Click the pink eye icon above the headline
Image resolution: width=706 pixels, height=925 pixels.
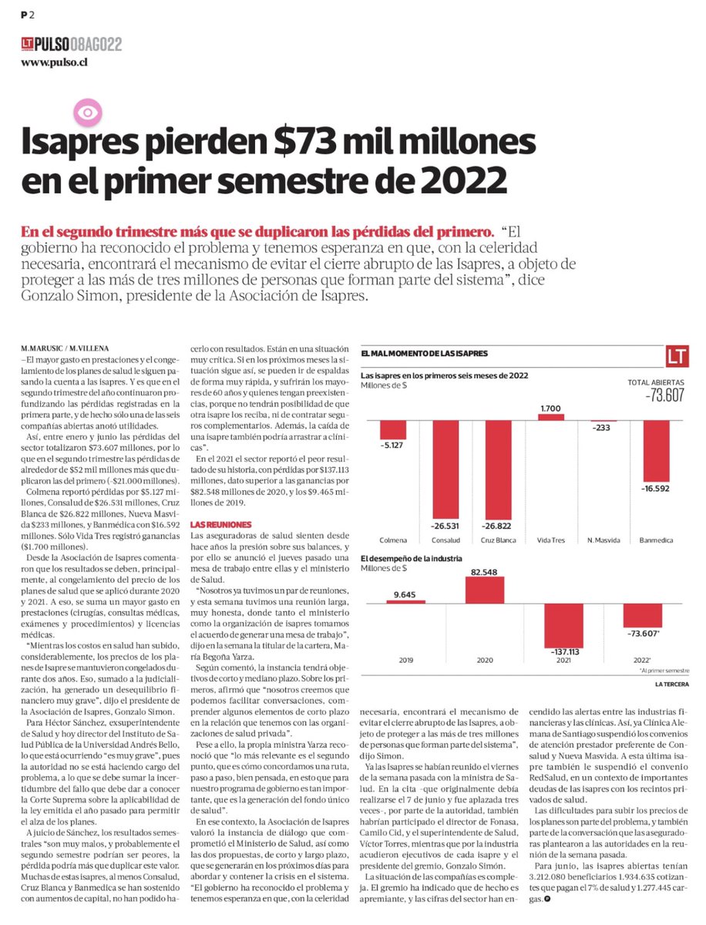[x=87, y=113]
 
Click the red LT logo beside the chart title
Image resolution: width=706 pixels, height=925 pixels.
[x=678, y=356]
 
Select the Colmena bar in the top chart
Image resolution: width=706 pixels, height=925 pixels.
[x=393, y=429]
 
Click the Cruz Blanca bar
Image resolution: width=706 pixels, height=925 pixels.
[x=497, y=464]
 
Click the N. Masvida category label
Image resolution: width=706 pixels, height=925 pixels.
[x=602, y=540]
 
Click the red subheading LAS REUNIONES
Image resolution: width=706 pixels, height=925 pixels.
[x=217, y=524]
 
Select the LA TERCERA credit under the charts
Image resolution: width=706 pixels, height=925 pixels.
[x=671, y=684]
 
